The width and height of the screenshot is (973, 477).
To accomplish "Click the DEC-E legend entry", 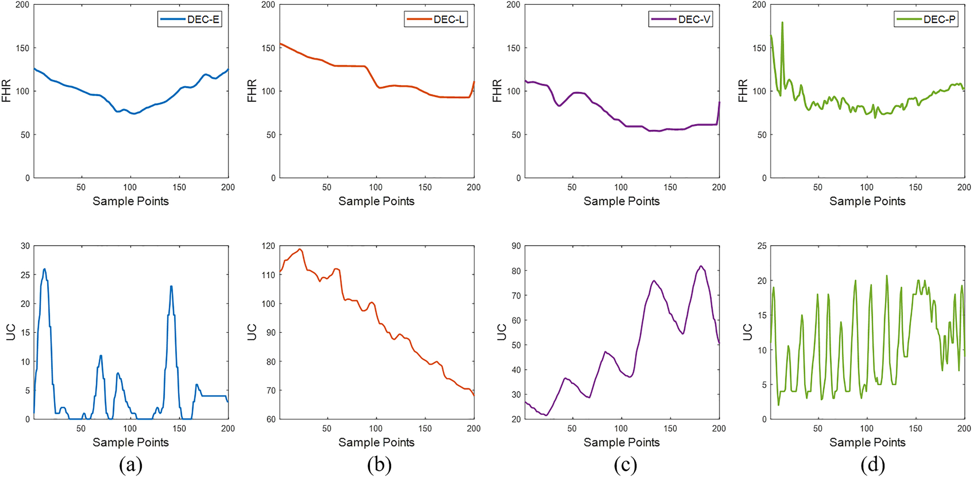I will (190, 19).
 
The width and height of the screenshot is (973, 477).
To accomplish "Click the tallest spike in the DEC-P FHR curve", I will (782, 22).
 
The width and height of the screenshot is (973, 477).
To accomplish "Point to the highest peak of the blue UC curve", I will (44, 269).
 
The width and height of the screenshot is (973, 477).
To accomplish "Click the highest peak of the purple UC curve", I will (701, 266).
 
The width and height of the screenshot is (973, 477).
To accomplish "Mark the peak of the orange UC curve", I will (300, 249).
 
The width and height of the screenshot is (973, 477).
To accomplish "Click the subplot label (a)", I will (131, 465).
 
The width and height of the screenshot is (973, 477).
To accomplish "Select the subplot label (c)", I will (625, 465).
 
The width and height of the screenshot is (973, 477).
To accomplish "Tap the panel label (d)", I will (872, 465).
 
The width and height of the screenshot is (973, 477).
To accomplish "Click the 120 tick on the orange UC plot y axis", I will (268, 246).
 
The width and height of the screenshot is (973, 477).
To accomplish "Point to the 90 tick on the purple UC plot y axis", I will (516, 246).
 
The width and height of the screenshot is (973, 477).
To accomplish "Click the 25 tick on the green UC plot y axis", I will (761, 246).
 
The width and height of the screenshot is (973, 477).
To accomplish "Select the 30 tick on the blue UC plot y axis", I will (25, 246).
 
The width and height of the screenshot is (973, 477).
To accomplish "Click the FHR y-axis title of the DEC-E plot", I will (6, 91).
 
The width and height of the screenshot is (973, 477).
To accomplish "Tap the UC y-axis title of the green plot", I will (748, 332).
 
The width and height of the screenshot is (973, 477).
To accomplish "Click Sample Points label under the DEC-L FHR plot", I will (376, 201).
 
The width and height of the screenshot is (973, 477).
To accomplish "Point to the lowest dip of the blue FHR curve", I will (133, 114).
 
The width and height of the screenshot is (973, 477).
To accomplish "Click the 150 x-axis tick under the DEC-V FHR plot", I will (670, 187).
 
